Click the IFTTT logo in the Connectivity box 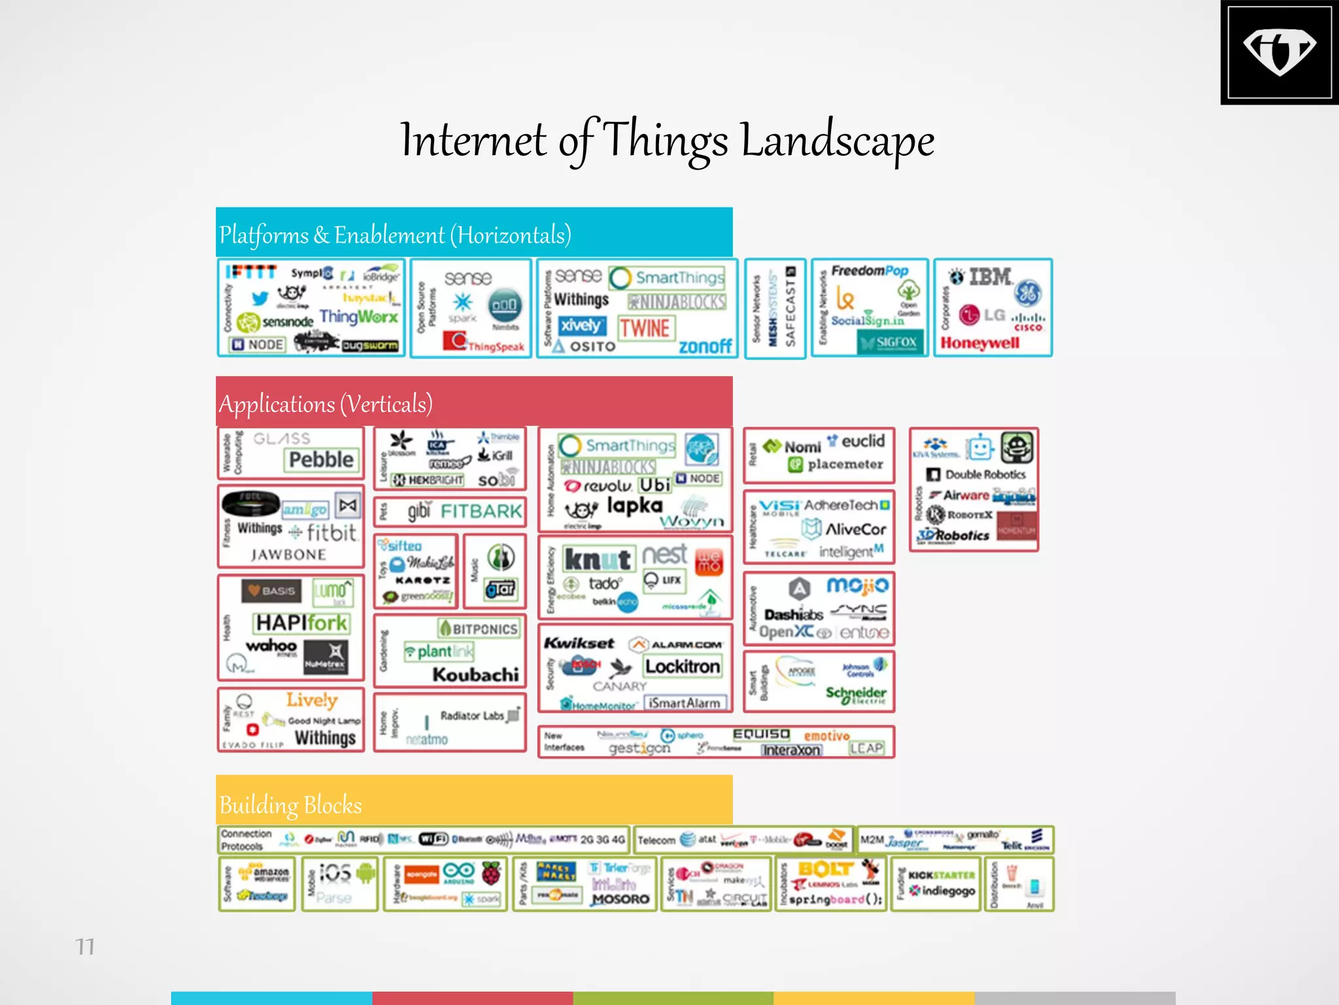(251, 272)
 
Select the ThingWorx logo (358, 317)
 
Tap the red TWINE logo (645, 328)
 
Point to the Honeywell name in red (979, 343)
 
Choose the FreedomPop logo (870, 271)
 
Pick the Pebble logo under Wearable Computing (321, 459)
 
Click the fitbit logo (331, 533)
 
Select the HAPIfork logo (301, 622)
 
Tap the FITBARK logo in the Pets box (481, 511)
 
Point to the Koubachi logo (475, 674)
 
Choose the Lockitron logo (683, 666)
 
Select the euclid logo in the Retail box (862, 442)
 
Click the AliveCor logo (855, 529)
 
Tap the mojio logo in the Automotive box (857, 585)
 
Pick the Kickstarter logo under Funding (941, 875)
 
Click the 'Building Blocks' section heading (290, 805)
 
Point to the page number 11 (85, 947)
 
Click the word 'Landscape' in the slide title (838, 141)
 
